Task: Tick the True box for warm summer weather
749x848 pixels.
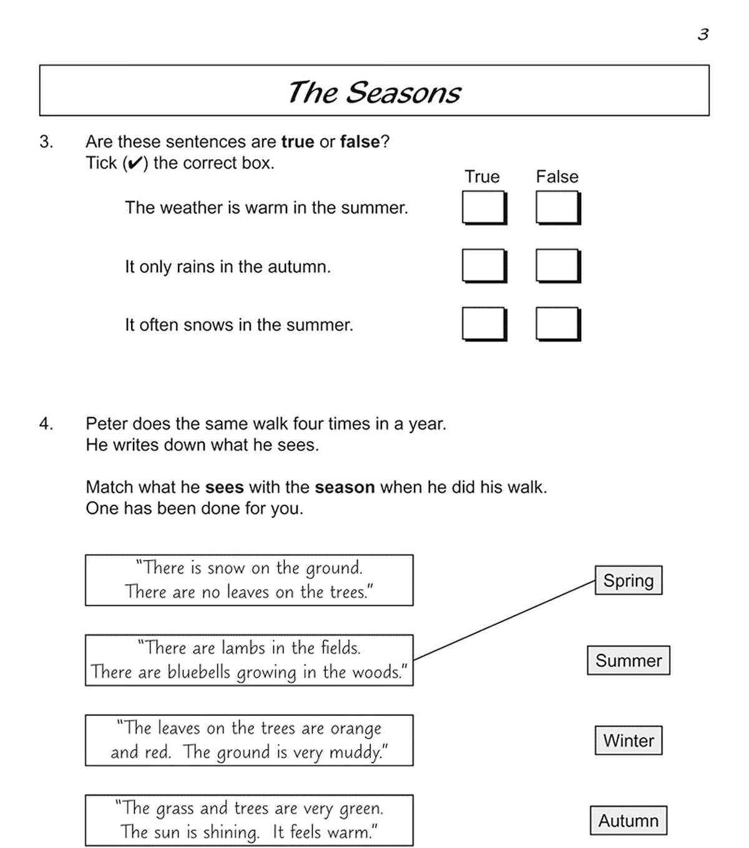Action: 483,207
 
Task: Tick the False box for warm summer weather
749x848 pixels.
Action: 557,207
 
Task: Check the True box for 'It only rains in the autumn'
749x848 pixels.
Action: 483,266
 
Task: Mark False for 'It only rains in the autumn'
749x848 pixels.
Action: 557,266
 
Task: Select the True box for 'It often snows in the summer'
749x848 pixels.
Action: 483,324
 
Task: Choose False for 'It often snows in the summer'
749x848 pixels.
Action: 557,324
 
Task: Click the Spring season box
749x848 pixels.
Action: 628,580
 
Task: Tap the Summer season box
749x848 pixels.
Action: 628,660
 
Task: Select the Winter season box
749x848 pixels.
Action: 628,740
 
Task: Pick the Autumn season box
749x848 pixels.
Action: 628,820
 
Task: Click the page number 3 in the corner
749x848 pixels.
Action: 703,34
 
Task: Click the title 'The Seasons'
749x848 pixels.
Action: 374,92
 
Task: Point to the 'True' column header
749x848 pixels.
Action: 482,177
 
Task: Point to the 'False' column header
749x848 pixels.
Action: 557,177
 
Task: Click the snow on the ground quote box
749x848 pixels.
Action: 249,580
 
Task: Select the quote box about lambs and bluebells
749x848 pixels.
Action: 249,660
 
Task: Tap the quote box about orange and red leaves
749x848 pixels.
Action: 249,740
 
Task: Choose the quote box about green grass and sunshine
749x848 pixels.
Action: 249,820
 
